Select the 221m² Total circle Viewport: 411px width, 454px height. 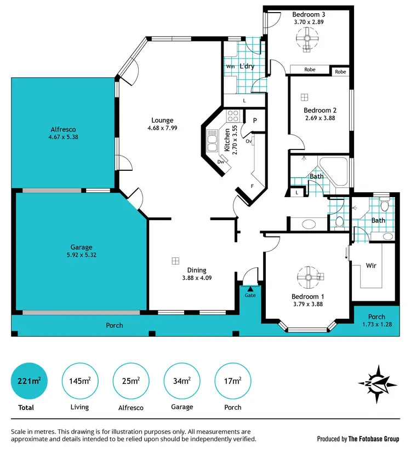(26, 382)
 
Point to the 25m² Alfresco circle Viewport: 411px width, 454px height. (131, 382)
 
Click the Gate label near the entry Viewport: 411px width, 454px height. (250, 295)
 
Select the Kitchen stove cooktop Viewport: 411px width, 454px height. (232, 116)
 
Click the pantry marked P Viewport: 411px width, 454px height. (255, 120)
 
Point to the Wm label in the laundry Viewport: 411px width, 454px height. (230, 67)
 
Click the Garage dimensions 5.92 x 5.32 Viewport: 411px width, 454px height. (81, 255)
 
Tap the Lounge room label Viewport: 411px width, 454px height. (162, 120)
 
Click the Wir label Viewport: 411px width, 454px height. (371, 266)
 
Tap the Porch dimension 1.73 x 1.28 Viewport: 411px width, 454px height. (376, 324)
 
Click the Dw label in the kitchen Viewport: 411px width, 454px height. (221, 162)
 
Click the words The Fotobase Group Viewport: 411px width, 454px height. (374, 439)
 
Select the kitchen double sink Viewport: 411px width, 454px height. (212, 141)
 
